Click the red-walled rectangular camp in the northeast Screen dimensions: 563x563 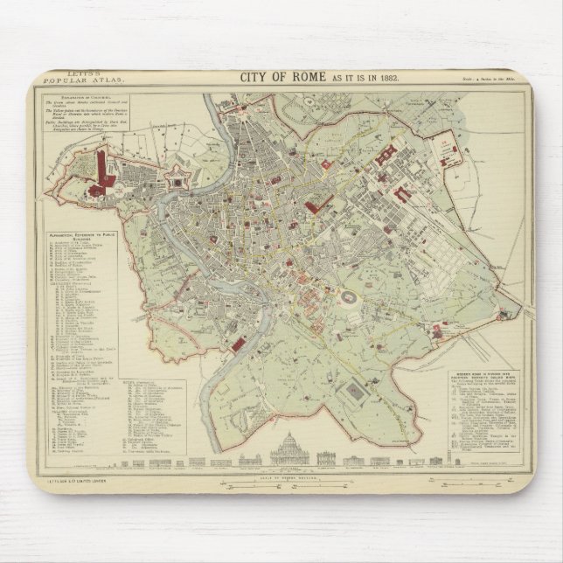(x=451, y=149)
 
